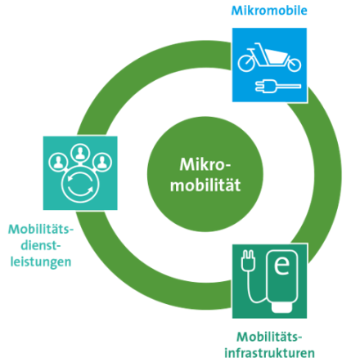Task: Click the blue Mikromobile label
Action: (269, 11)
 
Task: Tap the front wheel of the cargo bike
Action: (295, 65)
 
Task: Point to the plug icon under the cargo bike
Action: (278, 87)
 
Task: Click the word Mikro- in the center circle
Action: (205, 164)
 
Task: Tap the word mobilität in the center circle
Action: (205, 185)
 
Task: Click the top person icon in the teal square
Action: (80, 154)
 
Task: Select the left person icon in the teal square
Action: (58, 163)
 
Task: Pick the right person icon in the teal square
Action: (102, 163)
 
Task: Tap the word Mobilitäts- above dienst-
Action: (41, 230)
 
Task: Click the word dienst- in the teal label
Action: (41, 245)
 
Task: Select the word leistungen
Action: (41, 262)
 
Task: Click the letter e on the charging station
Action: (281, 266)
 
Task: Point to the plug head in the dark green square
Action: (248, 261)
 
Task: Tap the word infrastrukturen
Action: (269, 353)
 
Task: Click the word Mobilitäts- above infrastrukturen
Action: (269, 337)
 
